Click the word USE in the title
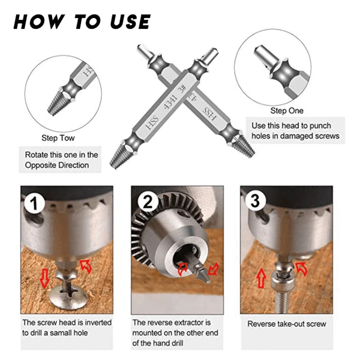(130, 21)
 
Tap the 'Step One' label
(287, 110)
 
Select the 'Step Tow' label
(58, 138)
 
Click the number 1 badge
(34, 203)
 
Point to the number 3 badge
(255, 201)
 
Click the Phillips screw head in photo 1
(68, 296)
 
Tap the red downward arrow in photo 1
(44, 278)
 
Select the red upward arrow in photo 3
(261, 278)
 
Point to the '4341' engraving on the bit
(170, 102)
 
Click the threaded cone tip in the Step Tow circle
(55, 102)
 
